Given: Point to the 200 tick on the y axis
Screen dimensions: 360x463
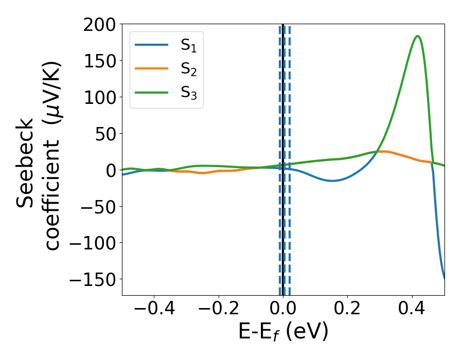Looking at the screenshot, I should click(x=101, y=24).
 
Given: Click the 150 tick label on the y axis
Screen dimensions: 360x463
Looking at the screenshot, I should click(x=101, y=61).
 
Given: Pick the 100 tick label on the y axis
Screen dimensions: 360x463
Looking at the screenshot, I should click(x=101, y=97).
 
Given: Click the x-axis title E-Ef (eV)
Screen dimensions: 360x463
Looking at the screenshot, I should click(x=283, y=333).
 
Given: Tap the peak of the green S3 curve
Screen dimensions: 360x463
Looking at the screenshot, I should click(x=418, y=36).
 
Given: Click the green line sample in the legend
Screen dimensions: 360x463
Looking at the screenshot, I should click(x=151, y=93).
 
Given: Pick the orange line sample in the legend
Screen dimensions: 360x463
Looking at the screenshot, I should click(x=151, y=69).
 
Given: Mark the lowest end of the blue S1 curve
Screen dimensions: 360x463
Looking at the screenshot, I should click(x=444, y=278).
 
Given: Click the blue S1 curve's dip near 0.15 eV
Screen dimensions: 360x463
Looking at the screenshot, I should click(x=333, y=181).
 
